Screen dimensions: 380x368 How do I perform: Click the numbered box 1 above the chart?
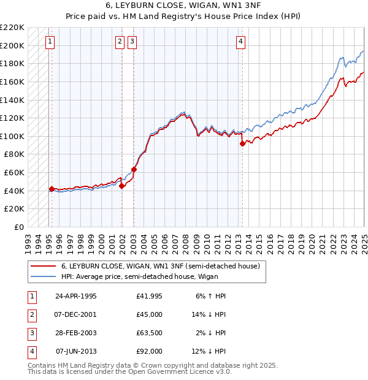click(49, 42)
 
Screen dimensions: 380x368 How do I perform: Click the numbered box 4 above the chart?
click(241, 42)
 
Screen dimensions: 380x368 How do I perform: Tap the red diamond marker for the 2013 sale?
click(242, 143)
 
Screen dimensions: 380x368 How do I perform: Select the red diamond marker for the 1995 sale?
click(52, 189)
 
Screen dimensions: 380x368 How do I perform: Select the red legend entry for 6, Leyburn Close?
click(161, 266)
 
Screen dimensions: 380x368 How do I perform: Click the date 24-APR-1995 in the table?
click(76, 296)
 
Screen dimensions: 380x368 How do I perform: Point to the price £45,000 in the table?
click(150, 314)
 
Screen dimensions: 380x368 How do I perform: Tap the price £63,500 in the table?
click(150, 333)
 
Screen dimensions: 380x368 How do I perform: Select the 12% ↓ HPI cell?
click(209, 351)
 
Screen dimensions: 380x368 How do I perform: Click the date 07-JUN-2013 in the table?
click(76, 351)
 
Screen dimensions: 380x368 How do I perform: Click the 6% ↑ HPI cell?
click(210, 296)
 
